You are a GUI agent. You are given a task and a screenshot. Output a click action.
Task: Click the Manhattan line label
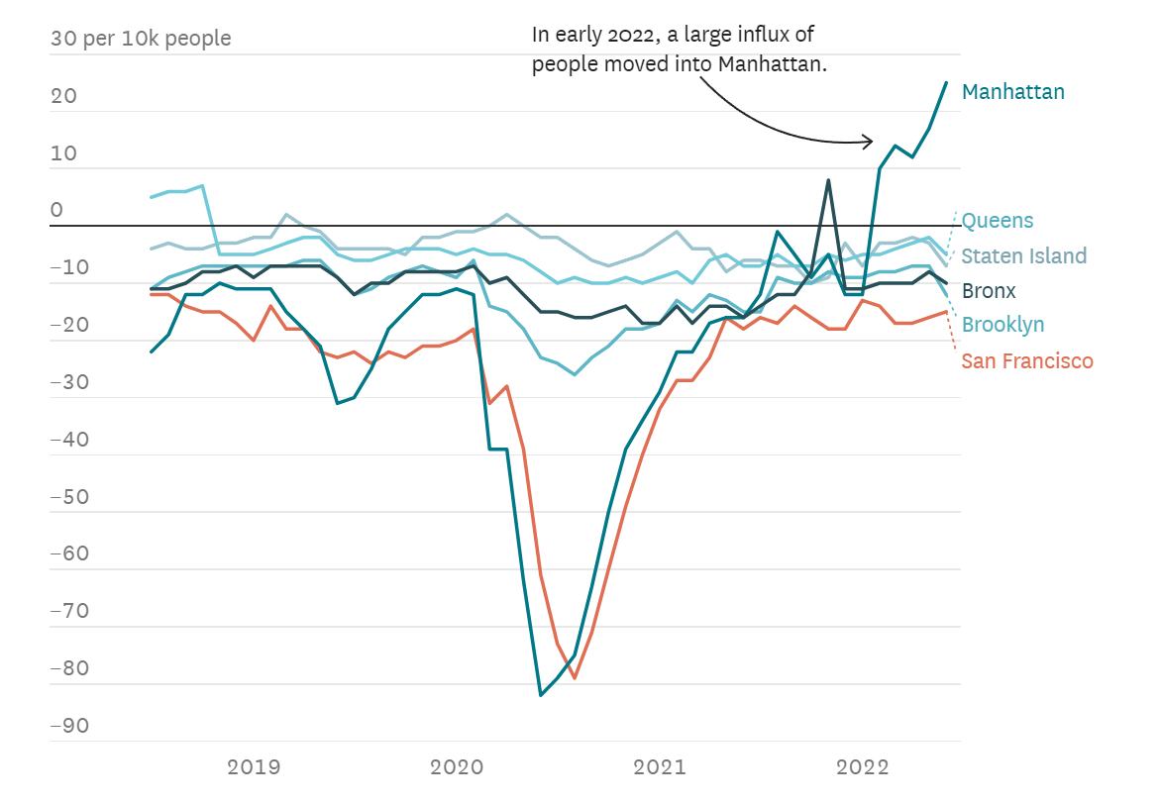tap(1012, 92)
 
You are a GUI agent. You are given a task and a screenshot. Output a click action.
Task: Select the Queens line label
tap(997, 221)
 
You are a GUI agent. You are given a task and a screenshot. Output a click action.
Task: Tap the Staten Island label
tap(1023, 256)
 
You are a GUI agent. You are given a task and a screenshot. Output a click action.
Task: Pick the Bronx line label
tap(989, 291)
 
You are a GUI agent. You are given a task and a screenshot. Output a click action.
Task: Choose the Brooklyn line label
tap(1003, 325)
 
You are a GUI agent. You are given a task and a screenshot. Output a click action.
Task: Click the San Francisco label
tap(1027, 361)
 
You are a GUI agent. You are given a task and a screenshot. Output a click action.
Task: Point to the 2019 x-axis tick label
tap(254, 766)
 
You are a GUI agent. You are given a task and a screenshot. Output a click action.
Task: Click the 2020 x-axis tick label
tap(457, 766)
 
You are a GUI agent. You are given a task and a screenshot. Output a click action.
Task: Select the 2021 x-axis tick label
tap(660, 766)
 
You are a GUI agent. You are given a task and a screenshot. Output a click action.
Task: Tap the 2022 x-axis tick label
tap(862, 766)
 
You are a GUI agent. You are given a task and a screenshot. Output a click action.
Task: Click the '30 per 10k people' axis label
tap(140, 39)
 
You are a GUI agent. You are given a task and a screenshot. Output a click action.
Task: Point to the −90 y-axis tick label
tap(69, 726)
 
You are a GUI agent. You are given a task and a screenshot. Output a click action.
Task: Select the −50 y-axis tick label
tap(69, 497)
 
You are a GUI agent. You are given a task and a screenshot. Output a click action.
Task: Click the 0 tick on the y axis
tap(56, 210)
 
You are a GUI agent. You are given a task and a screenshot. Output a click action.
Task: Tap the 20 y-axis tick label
tap(62, 96)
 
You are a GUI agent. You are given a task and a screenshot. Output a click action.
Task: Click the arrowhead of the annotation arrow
tap(870, 141)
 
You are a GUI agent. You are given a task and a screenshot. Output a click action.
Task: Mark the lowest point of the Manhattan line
tap(541, 695)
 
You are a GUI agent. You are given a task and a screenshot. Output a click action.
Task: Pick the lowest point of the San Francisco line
tap(575, 678)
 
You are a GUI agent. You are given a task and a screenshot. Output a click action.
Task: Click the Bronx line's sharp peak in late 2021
tap(828, 180)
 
